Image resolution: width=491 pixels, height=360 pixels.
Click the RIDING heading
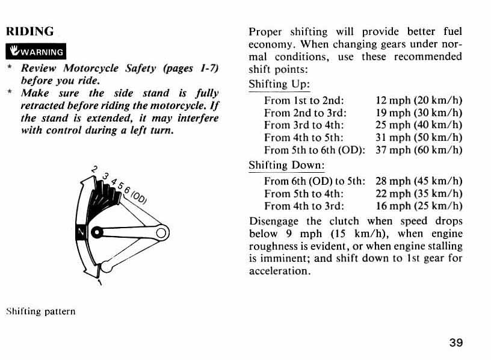[29, 31]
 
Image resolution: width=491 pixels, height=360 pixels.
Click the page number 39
[456, 343]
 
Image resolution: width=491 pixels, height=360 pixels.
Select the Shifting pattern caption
[41, 311]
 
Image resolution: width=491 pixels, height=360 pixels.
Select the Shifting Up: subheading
[279, 84]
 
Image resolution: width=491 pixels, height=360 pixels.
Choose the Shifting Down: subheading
[286, 165]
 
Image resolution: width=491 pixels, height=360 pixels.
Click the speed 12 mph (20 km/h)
[419, 101]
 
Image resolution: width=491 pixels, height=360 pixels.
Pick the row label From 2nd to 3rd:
[305, 113]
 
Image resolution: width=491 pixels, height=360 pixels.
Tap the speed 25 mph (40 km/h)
[419, 125]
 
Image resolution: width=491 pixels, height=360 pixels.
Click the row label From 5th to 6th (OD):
[315, 151]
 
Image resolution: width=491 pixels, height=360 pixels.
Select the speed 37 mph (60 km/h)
[419, 151]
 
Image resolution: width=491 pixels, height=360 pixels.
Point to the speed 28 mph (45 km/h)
[419, 181]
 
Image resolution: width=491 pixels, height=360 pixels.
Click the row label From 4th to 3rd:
[304, 206]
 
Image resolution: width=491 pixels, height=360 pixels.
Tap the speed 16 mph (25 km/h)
[419, 206]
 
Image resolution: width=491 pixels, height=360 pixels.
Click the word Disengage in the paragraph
[274, 221]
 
